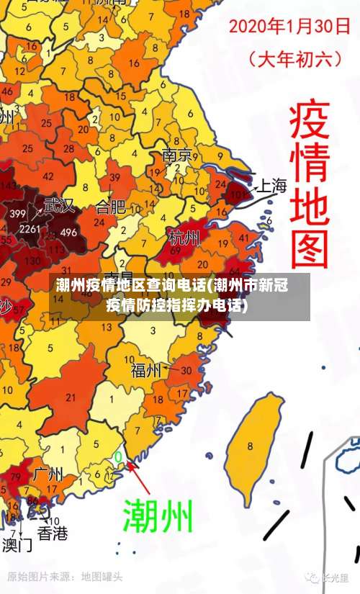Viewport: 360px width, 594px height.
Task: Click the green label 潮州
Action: click(159, 515)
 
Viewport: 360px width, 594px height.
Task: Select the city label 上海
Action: click(271, 186)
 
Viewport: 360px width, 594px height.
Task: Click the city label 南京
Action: click(176, 155)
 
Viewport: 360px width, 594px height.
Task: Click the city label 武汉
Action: click(58, 205)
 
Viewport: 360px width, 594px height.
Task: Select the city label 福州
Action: click(146, 371)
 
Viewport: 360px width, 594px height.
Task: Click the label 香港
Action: click(53, 534)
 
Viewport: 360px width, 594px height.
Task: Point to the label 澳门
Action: click(16, 544)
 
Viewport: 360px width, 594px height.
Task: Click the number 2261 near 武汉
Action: click(30, 229)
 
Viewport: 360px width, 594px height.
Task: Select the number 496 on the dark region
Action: click(68, 232)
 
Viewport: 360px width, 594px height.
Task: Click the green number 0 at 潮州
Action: click(118, 456)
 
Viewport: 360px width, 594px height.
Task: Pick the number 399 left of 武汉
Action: click(18, 214)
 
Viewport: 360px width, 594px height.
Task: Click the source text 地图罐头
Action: click(102, 577)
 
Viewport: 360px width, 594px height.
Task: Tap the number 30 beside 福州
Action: click(186, 370)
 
